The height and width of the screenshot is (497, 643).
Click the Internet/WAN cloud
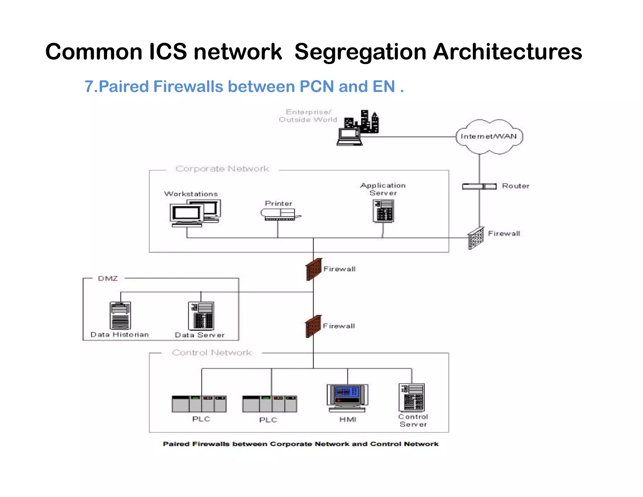(x=489, y=136)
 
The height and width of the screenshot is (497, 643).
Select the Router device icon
(x=479, y=186)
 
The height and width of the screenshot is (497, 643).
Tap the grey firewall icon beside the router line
(x=476, y=238)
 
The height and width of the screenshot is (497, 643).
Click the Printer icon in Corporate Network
(x=280, y=215)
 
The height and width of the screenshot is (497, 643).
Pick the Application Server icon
(x=383, y=211)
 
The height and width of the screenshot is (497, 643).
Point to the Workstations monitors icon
(x=195, y=213)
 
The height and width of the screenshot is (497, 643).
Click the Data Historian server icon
(x=120, y=315)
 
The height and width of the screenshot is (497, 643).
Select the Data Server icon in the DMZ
(x=201, y=315)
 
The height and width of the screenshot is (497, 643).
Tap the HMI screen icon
(x=347, y=397)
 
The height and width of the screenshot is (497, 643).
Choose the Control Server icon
(x=412, y=397)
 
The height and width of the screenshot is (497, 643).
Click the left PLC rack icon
(x=199, y=404)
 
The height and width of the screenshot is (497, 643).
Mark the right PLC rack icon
(x=269, y=404)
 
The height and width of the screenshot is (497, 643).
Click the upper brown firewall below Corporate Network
(x=314, y=269)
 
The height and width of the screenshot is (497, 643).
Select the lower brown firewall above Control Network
(x=313, y=326)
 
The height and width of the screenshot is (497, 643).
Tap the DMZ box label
(x=108, y=278)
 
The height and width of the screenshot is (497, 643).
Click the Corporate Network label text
(x=222, y=169)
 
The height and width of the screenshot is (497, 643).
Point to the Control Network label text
(x=212, y=352)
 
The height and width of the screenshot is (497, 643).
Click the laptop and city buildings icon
(x=358, y=128)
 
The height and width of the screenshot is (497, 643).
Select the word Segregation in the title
(x=360, y=52)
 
